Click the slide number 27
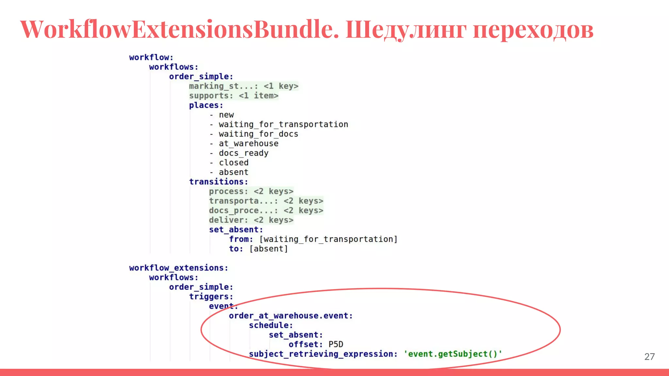point(649,356)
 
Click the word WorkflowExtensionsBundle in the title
point(179,29)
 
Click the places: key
point(206,105)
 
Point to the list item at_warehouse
point(248,144)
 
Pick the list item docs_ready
point(243,153)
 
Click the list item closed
point(234,163)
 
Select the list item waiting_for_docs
point(258,134)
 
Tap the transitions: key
point(219,182)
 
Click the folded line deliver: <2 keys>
point(251,220)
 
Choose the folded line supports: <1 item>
point(234,96)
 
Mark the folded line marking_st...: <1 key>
point(243,86)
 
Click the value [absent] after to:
point(269,249)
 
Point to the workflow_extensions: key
point(178,268)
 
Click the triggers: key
point(211,297)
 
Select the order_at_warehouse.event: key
point(290,316)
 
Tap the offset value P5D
point(336,345)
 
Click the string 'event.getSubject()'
point(453,354)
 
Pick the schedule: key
point(271,325)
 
